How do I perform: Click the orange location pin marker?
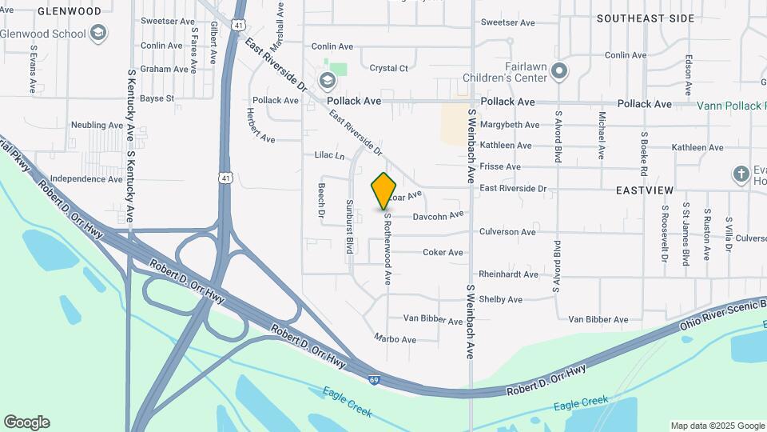tap(384, 190)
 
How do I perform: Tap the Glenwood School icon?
tap(98, 33)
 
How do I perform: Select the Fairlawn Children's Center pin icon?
tap(560, 72)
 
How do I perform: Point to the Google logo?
tap(26, 422)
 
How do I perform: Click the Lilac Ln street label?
tap(329, 155)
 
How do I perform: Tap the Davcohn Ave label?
tap(438, 216)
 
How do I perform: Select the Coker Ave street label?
tap(443, 253)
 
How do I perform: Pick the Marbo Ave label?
tap(395, 339)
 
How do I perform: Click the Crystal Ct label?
tap(389, 69)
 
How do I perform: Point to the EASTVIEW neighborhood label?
tap(645, 190)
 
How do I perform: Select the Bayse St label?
tap(157, 98)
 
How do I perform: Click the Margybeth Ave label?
tap(510, 125)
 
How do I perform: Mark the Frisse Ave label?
tap(499, 167)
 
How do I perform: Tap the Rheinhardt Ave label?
tap(509, 274)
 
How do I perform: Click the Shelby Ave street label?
tap(500, 300)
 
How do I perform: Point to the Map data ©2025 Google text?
tap(717, 426)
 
